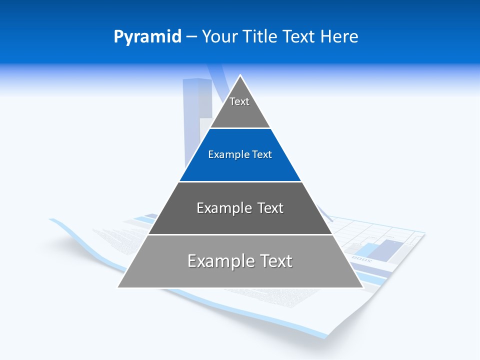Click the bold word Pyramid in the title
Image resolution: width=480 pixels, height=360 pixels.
[147, 36]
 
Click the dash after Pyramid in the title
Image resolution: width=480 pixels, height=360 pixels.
[191, 37]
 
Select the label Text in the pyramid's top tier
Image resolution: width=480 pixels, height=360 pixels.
[239, 101]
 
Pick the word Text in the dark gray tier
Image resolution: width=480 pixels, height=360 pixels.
[270, 208]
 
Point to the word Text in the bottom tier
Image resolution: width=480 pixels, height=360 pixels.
[276, 261]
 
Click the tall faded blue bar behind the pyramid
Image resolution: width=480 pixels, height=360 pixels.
[191, 120]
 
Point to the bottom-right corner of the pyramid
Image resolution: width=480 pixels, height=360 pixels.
[362, 287]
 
